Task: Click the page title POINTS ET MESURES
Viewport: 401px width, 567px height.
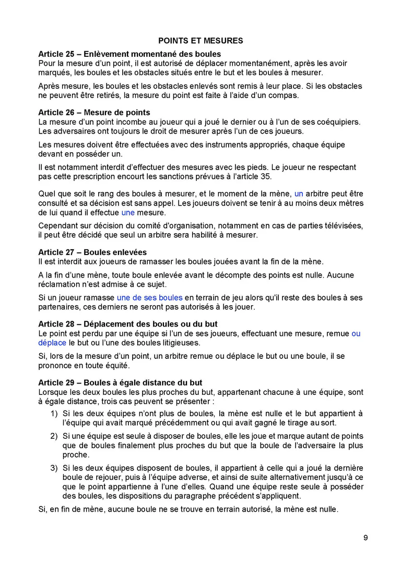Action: pyautogui.click(x=200, y=41)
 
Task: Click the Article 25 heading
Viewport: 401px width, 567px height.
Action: pyautogui.click(x=129, y=54)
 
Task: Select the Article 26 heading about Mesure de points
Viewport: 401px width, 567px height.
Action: pyautogui.click(x=94, y=112)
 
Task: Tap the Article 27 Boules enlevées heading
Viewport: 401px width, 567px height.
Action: pyautogui.click(x=92, y=252)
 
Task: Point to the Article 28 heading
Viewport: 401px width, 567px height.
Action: pyautogui.click(x=128, y=324)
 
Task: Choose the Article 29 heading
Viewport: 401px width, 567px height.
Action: pyautogui.click(x=120, y=383)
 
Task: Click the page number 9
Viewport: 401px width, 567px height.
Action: pyautogui.click(x=365, y=538)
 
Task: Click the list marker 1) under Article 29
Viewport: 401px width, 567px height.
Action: pyautogui.click(x=53, y=413)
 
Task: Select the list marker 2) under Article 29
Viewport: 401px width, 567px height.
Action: pyautogui.click(x=53, y=436)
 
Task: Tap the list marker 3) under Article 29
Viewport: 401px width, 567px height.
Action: pyautogui.click(x=53, y=468)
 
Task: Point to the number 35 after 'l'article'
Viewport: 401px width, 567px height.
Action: pyautogui.click(x=265, y=176)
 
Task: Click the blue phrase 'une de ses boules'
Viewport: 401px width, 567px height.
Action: pyautogui.click(x=149, y=297)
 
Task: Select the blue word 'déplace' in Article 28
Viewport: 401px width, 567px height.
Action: pyautogui.click(x=52, y=343)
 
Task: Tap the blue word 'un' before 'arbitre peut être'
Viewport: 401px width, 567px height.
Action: pyautogui.click(x=299, y=194)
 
